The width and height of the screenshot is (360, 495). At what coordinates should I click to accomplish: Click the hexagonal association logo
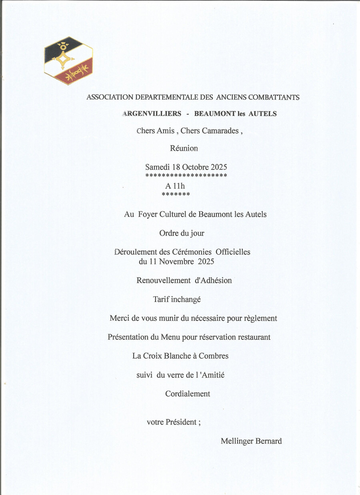(x=68, y=61)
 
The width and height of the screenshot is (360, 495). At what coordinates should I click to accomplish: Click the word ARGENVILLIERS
(x=152, y=114)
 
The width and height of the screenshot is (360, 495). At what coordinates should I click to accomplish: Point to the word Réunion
(x=184, y=148)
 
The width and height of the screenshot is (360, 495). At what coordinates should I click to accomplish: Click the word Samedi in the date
(x=158, y=167)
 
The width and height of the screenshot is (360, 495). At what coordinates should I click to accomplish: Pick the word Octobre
(x=195, y=167)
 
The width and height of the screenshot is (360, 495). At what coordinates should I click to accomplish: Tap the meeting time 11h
(x=179, y=186)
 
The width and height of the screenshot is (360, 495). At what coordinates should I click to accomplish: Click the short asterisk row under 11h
(x=176, y=195)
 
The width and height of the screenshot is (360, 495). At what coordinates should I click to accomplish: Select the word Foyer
(x=148, y=214)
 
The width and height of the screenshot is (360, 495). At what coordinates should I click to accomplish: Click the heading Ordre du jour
(x=182, y=233)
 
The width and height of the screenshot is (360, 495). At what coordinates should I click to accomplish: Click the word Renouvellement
(x=164, y=280)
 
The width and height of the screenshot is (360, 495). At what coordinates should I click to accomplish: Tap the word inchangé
(x=186, y=299)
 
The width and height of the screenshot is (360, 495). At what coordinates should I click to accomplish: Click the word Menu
(x=170, y=337)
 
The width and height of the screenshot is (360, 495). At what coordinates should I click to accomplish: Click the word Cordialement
(x=188, y=394)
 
